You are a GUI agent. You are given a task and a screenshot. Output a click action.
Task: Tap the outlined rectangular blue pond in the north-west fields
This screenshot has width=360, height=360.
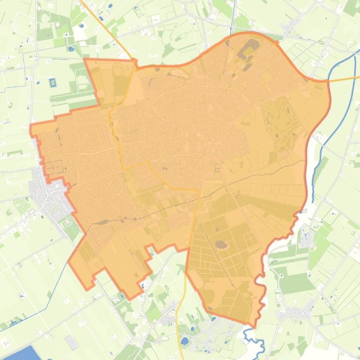tap(52, 83)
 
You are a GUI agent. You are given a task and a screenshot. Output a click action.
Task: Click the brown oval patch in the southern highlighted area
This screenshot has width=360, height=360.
tap(221, 244)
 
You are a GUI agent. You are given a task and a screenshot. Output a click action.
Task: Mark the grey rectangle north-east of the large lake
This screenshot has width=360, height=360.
tap(72, 342)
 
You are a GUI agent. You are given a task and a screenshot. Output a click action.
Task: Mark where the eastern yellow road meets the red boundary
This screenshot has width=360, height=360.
tap(327, 81)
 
